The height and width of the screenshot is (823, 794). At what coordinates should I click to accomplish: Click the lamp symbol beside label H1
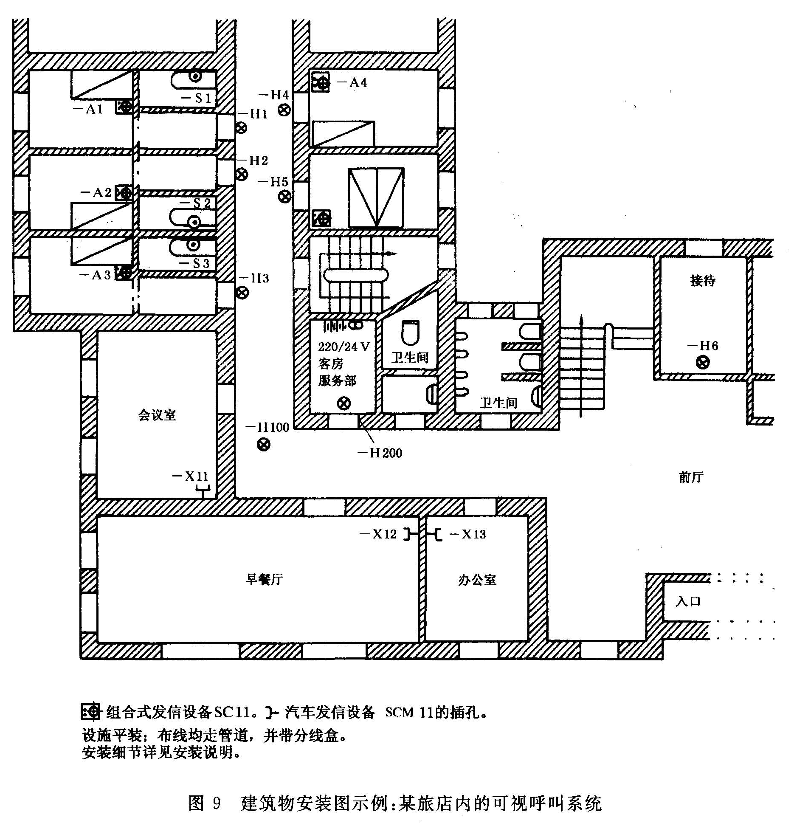[x=241, y=127]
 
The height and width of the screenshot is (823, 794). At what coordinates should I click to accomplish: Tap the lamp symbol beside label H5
[x=285, y=197]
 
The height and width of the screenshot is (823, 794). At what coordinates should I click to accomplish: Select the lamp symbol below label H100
[x=264, y=445]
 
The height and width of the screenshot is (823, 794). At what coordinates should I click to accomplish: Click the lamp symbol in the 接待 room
[x=703, y=362]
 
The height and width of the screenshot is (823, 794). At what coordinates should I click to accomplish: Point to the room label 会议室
[x=157, y=415]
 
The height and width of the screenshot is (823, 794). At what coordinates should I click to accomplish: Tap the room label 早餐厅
[x=264, y=579]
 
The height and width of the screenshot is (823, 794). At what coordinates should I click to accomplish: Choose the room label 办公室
[x=477, y=579]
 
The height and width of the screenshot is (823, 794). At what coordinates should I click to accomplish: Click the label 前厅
[x=691, y=477]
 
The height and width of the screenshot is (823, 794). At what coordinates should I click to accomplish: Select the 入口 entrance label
[x=688, y=601]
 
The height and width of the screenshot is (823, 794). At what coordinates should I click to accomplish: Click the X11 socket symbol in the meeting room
[x=203, y=492]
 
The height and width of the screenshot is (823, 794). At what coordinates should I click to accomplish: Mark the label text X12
[x=384, y=534]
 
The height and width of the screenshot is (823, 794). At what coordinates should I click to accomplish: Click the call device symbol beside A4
[x=321, y=83]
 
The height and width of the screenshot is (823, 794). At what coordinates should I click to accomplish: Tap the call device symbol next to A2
[x=124, y=193]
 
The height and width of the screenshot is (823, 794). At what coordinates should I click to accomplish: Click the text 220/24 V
[x=344, y=347]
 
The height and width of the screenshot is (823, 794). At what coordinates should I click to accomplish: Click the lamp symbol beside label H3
[x=242, y=293]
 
